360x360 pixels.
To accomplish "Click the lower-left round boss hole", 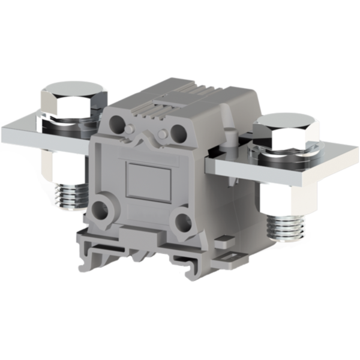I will (107, 209).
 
